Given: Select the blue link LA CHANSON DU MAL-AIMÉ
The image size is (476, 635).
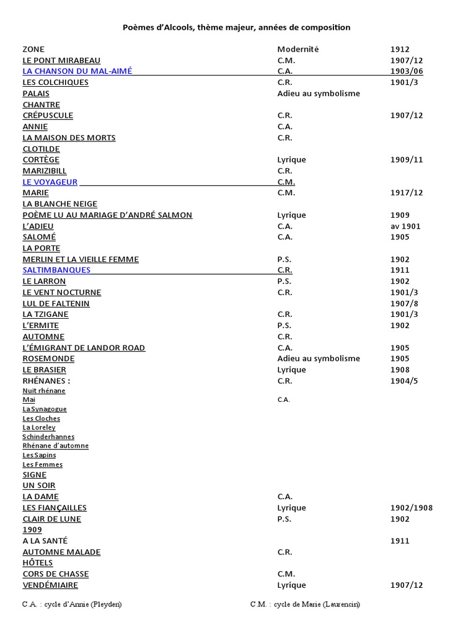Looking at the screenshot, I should point(77,71).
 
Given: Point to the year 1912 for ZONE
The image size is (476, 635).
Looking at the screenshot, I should point(400,49).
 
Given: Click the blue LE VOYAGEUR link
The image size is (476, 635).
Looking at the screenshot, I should point(50,182).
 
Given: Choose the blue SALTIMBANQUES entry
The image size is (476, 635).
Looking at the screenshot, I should point(56,270).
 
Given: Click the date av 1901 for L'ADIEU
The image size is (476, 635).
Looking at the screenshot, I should point(405,226).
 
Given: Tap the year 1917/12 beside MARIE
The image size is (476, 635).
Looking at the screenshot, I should point(407,193).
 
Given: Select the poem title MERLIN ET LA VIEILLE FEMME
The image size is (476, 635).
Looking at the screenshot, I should point(81,259).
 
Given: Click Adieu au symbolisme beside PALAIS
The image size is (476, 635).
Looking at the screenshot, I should point(319,94).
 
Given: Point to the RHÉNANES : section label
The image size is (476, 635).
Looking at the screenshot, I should point(46,380).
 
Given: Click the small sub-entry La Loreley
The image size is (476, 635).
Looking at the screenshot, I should point(39,427).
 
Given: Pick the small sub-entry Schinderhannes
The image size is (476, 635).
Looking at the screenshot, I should point(48,437).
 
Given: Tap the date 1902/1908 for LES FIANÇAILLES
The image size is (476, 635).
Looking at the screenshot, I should point(412,507).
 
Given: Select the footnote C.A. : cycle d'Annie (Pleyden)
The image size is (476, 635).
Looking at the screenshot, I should point(72,604).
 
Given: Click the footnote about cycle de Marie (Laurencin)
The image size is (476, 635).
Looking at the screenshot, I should point(305,604).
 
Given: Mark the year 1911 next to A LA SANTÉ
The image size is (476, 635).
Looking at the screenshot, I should point(400,541).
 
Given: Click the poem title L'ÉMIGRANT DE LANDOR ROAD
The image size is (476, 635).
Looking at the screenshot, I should point(84,347).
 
